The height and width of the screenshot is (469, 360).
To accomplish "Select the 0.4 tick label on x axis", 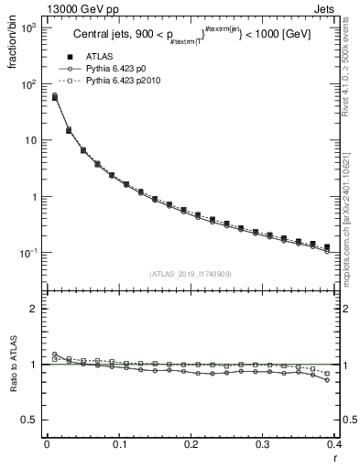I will click(334, 444).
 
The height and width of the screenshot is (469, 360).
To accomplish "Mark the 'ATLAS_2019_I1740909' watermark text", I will click(191, 274).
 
